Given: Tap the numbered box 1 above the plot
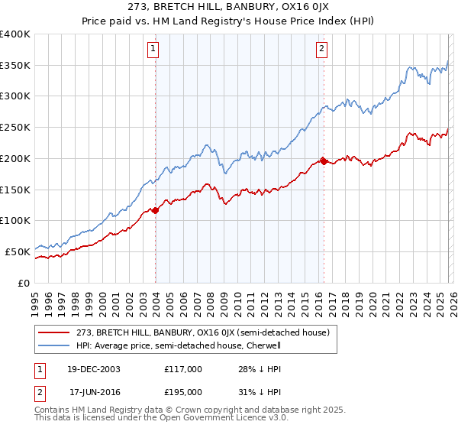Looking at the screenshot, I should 153,50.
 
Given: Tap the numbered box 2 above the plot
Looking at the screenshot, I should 321,50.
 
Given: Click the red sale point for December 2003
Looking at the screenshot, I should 156,209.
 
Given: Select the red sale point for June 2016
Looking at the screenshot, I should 324,161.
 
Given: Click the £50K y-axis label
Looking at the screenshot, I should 18,251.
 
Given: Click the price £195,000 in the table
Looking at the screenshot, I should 183,391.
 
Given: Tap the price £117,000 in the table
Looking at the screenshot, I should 183,369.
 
